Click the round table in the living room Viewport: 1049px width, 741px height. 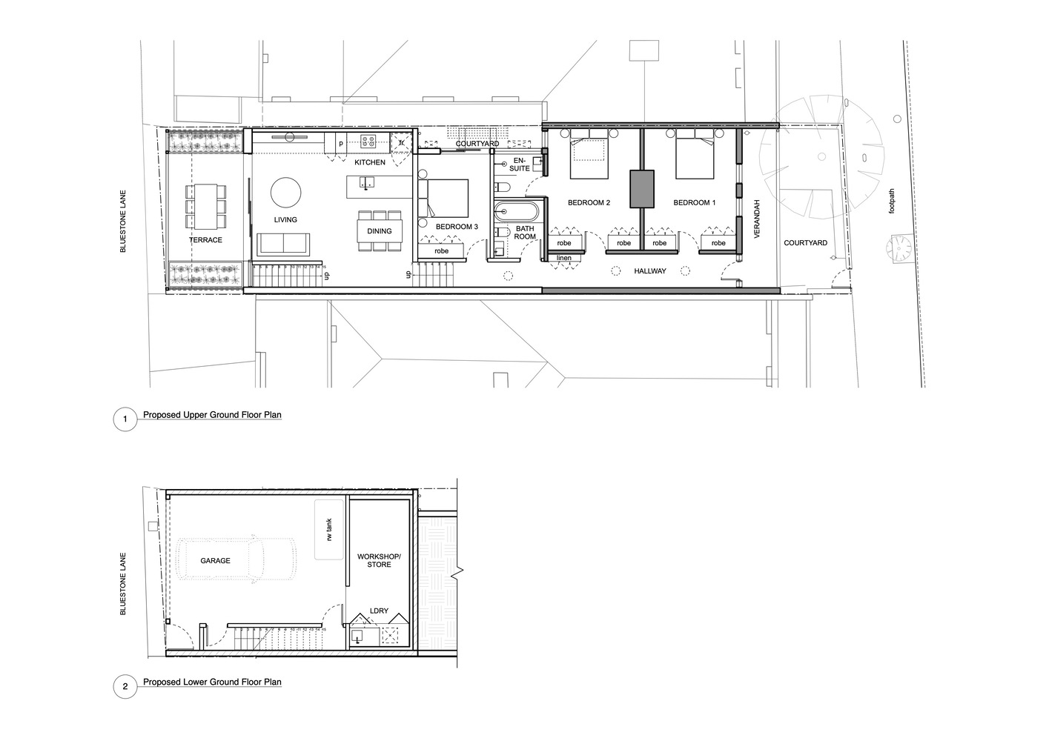pyautogui.click(x=285, y=193)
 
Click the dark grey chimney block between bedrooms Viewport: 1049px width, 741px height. pyautogui.click(x=642, y=188)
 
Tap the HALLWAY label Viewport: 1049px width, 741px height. pyautogui.click(x=649, y=271)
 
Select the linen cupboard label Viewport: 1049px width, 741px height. pyautogui.click(x=564, y=258)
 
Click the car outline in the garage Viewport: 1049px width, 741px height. pyautogui.click(x=236, y=560)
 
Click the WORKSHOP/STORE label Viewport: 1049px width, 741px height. pyautogui.click(x=379, y=560)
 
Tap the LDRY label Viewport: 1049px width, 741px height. pyautogui.click(x=379, y=611)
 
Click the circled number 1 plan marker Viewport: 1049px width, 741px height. pyautogui.click(x=125, y=420)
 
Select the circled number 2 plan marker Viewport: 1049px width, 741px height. pyautogui.click(x=125, y=687)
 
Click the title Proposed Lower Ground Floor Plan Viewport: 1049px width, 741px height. pyautogui.click(x=212, y=682)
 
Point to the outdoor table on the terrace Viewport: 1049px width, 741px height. pyautogui.click(x=205, y=205)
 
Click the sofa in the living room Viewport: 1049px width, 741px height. pyautogui.click(x=285, y=245)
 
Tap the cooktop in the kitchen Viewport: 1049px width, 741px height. pyautogui.click(x=369, y=141)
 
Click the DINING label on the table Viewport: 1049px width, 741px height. pyautogui.click(x=380, y=231)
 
